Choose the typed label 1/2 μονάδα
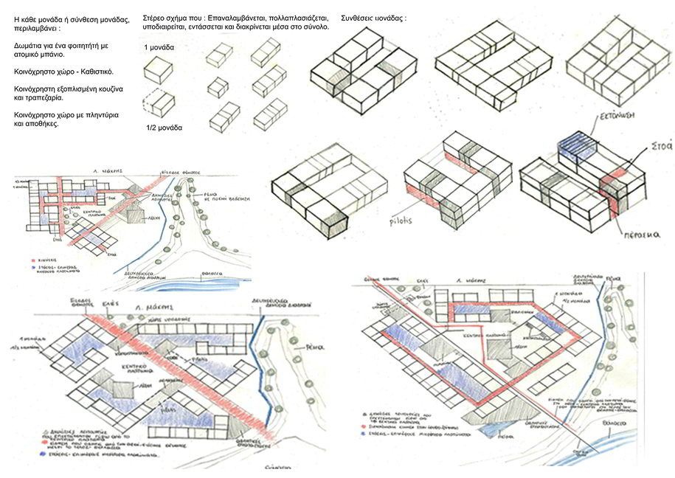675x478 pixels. pos(164,128)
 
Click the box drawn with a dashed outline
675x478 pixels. pos(157,102)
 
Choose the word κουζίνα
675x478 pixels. pos(105,89)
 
